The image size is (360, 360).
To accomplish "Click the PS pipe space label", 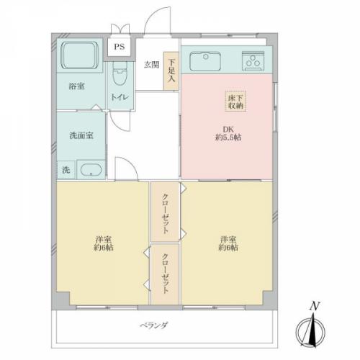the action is pyautogui.click(x=120, y=47).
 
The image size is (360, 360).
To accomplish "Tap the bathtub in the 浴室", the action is pyautogui.click(x=80, y=55).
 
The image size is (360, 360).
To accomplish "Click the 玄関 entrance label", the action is pyautogui.click(x=151, y=65).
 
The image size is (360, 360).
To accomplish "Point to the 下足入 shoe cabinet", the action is pyautogui.click(x=171, y=71).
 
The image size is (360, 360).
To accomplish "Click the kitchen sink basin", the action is pyautogui.click(x=205, y=61).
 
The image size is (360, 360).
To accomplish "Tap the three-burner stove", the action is pyautogui.click(x=253, y=60).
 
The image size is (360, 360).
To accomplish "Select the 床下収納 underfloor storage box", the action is pyautogui.click(x=235, y=102).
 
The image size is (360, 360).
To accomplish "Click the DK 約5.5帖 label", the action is pyautogui.click(x=228, y=133).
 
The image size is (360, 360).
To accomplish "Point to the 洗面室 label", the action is pyautogui.click(x=81, y=135).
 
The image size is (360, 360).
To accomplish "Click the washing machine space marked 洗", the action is pyautogui.click(x=66, y=170).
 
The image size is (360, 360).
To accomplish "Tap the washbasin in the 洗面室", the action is pyautogui.click(x=91, y=170).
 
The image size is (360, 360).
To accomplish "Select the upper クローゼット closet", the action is pyautogui.click(x=165, y=212).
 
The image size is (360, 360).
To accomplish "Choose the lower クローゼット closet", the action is pyautogui.click(x=165, y=274).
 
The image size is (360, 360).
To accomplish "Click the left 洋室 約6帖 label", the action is pyautogui.click(x=104, y=243).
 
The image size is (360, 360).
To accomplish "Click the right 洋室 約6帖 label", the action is pyautogui.click(x=228, y=243).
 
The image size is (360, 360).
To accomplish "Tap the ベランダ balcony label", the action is pyautogui.click(x=154, y=325).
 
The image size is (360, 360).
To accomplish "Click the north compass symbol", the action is pyautogui.click(x=310, y=332).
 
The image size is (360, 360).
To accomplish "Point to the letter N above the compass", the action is pyautogui.click(x=315, y=306).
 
